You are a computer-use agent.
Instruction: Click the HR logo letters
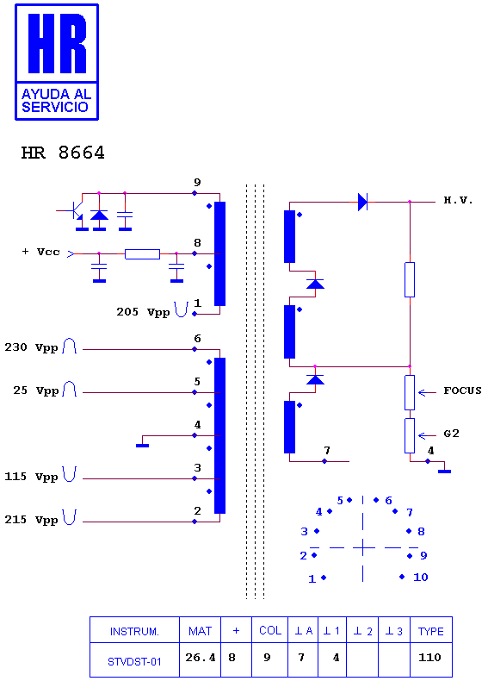click(x=58, y=43)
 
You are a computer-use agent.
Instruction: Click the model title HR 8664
click(x=63, y=153)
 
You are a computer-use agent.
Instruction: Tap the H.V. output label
click(x=458, y=200)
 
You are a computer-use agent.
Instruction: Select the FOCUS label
click(x=462, y=390)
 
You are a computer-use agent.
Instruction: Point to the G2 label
click(x=451, y=434)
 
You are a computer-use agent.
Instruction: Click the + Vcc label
click(x=40, y=252)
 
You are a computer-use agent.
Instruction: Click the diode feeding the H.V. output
click(x=362, y=202)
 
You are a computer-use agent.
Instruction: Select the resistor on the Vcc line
click(x=142, y=254)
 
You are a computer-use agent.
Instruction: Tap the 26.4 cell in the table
click(x=200, y=658)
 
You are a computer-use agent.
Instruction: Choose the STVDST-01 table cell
click(x=134, y=661)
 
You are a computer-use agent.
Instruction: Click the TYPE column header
click(x=430, y=632)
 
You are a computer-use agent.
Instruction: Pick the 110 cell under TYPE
click(x=429, y=658)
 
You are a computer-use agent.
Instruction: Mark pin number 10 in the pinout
click(x=421, y=578)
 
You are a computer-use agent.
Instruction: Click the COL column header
click(x=270, y=630)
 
